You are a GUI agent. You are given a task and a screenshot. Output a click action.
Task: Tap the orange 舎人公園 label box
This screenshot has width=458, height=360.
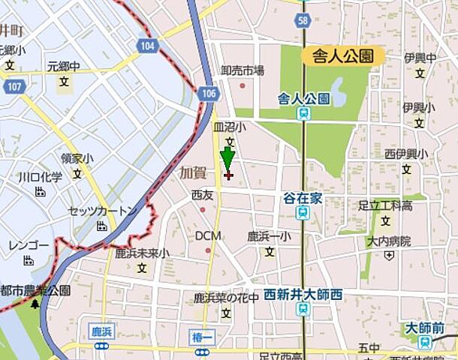(x=343, y=55)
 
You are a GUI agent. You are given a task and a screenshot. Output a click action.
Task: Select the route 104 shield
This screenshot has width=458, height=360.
(x=148, y=46)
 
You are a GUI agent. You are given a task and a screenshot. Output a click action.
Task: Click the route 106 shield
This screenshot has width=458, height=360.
(x=209, y=92)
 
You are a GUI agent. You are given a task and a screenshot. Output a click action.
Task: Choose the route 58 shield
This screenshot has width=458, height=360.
(x=303, y=21)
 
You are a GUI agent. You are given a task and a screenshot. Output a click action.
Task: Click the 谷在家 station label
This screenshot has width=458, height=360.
(x=302, y=197)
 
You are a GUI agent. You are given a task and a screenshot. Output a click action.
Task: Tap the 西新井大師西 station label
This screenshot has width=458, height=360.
(x=303, y=295)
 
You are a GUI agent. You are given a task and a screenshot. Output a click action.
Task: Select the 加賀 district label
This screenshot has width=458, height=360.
(x=192, y=172)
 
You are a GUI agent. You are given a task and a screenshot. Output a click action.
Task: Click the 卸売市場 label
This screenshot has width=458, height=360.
(x=242, y=70)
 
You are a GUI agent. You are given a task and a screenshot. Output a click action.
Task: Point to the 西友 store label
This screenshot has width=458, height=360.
(x=202, y=195)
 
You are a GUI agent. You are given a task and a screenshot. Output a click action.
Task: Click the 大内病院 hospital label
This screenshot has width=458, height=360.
(x=389, y=241)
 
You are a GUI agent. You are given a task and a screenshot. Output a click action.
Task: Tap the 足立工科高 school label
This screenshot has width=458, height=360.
(x=385, y=205)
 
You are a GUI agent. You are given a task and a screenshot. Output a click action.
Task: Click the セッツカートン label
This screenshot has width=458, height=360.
(x=103, y=211)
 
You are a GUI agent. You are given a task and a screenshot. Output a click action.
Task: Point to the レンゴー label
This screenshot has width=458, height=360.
(x=29, y=246)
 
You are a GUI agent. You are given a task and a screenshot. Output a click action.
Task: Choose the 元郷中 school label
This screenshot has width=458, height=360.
(x=64, y=66)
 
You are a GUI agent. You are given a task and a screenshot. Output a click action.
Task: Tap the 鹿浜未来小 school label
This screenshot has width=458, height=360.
(x=142, y=253)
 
